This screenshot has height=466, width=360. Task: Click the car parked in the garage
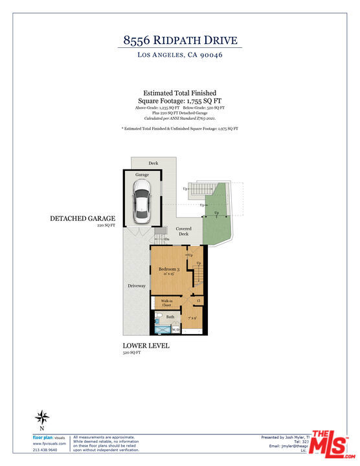[x=141, y=201]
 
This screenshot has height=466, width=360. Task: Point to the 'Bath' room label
[x=170, y=316]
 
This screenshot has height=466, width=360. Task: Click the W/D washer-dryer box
[x=175, y=329]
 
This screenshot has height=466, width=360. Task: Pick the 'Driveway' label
[x=136, y=285]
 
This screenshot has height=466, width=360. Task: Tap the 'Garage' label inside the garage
[x=142, y=175]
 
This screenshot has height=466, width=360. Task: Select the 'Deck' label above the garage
[x=153, y=163]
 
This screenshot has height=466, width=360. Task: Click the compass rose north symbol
[x=43, y=417]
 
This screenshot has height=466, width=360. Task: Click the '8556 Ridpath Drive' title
[x=179, y=39]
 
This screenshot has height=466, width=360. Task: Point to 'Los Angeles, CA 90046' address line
[x=179, y=56]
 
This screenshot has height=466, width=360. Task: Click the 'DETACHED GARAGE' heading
[x=82, y=219]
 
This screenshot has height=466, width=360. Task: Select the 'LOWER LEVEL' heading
[x=146, y=346]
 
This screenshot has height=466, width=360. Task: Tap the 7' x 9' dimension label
[x=192, y=318]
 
